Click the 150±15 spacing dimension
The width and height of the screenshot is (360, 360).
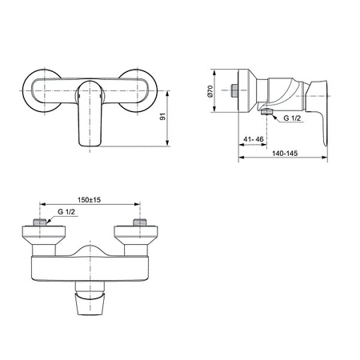90,200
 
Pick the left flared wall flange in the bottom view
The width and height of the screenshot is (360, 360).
37,236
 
